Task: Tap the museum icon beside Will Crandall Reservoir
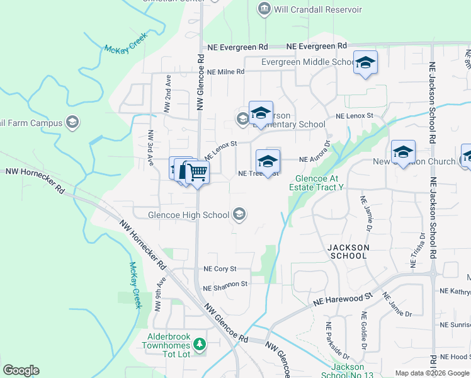pos(264,9)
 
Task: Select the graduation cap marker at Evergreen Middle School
pos(365,63)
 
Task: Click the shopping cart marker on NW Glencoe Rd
pos(197,171)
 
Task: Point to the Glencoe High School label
pos(188,215)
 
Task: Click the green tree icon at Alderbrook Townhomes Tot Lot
pos(200,344)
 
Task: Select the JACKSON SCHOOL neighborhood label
pos(348,251)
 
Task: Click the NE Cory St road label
pos(219,269)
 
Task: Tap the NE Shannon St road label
pos(225,285)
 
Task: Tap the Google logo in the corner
pos(21,370)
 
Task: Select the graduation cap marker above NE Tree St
pos(268,161)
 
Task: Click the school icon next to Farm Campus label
pos(72,122)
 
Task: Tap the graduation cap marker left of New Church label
pos(403,152)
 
